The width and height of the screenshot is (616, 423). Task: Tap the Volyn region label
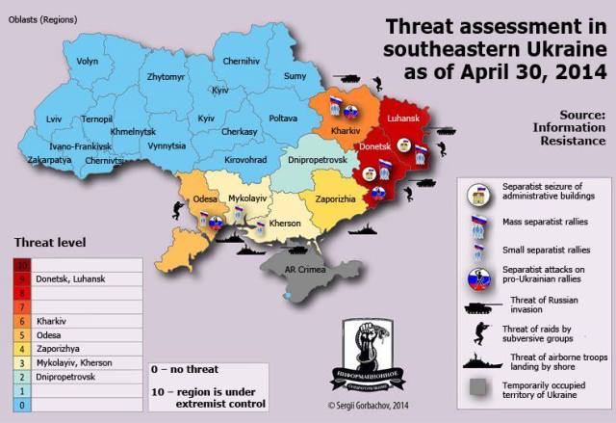(x=88, y=60)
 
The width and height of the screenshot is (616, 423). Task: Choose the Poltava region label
(x=282, y=118)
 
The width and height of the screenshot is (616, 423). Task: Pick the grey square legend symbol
(x=478, y=390)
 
